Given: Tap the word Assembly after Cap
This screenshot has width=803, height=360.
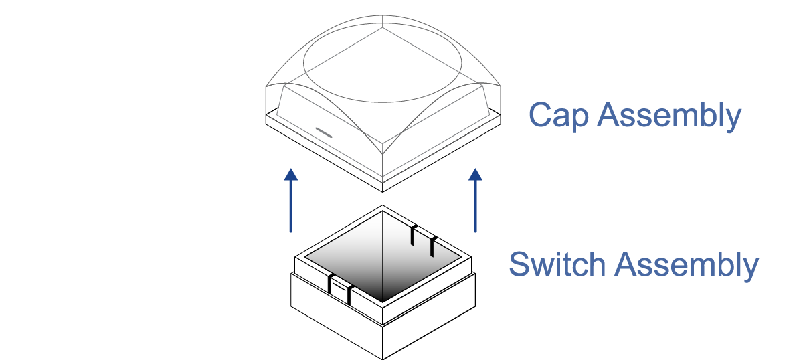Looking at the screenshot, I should point(669,116).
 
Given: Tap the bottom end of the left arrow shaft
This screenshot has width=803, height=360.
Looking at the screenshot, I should point(290,231).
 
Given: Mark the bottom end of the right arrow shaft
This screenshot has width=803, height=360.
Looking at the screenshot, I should point(475,231).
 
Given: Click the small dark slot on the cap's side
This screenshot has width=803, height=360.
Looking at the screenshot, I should point(324,132).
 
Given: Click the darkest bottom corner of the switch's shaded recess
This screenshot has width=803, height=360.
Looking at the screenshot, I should point(382,299).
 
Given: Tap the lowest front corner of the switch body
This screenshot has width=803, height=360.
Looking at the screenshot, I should point(382,359).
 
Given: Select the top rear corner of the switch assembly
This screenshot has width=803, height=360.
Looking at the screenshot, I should point(382,206).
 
